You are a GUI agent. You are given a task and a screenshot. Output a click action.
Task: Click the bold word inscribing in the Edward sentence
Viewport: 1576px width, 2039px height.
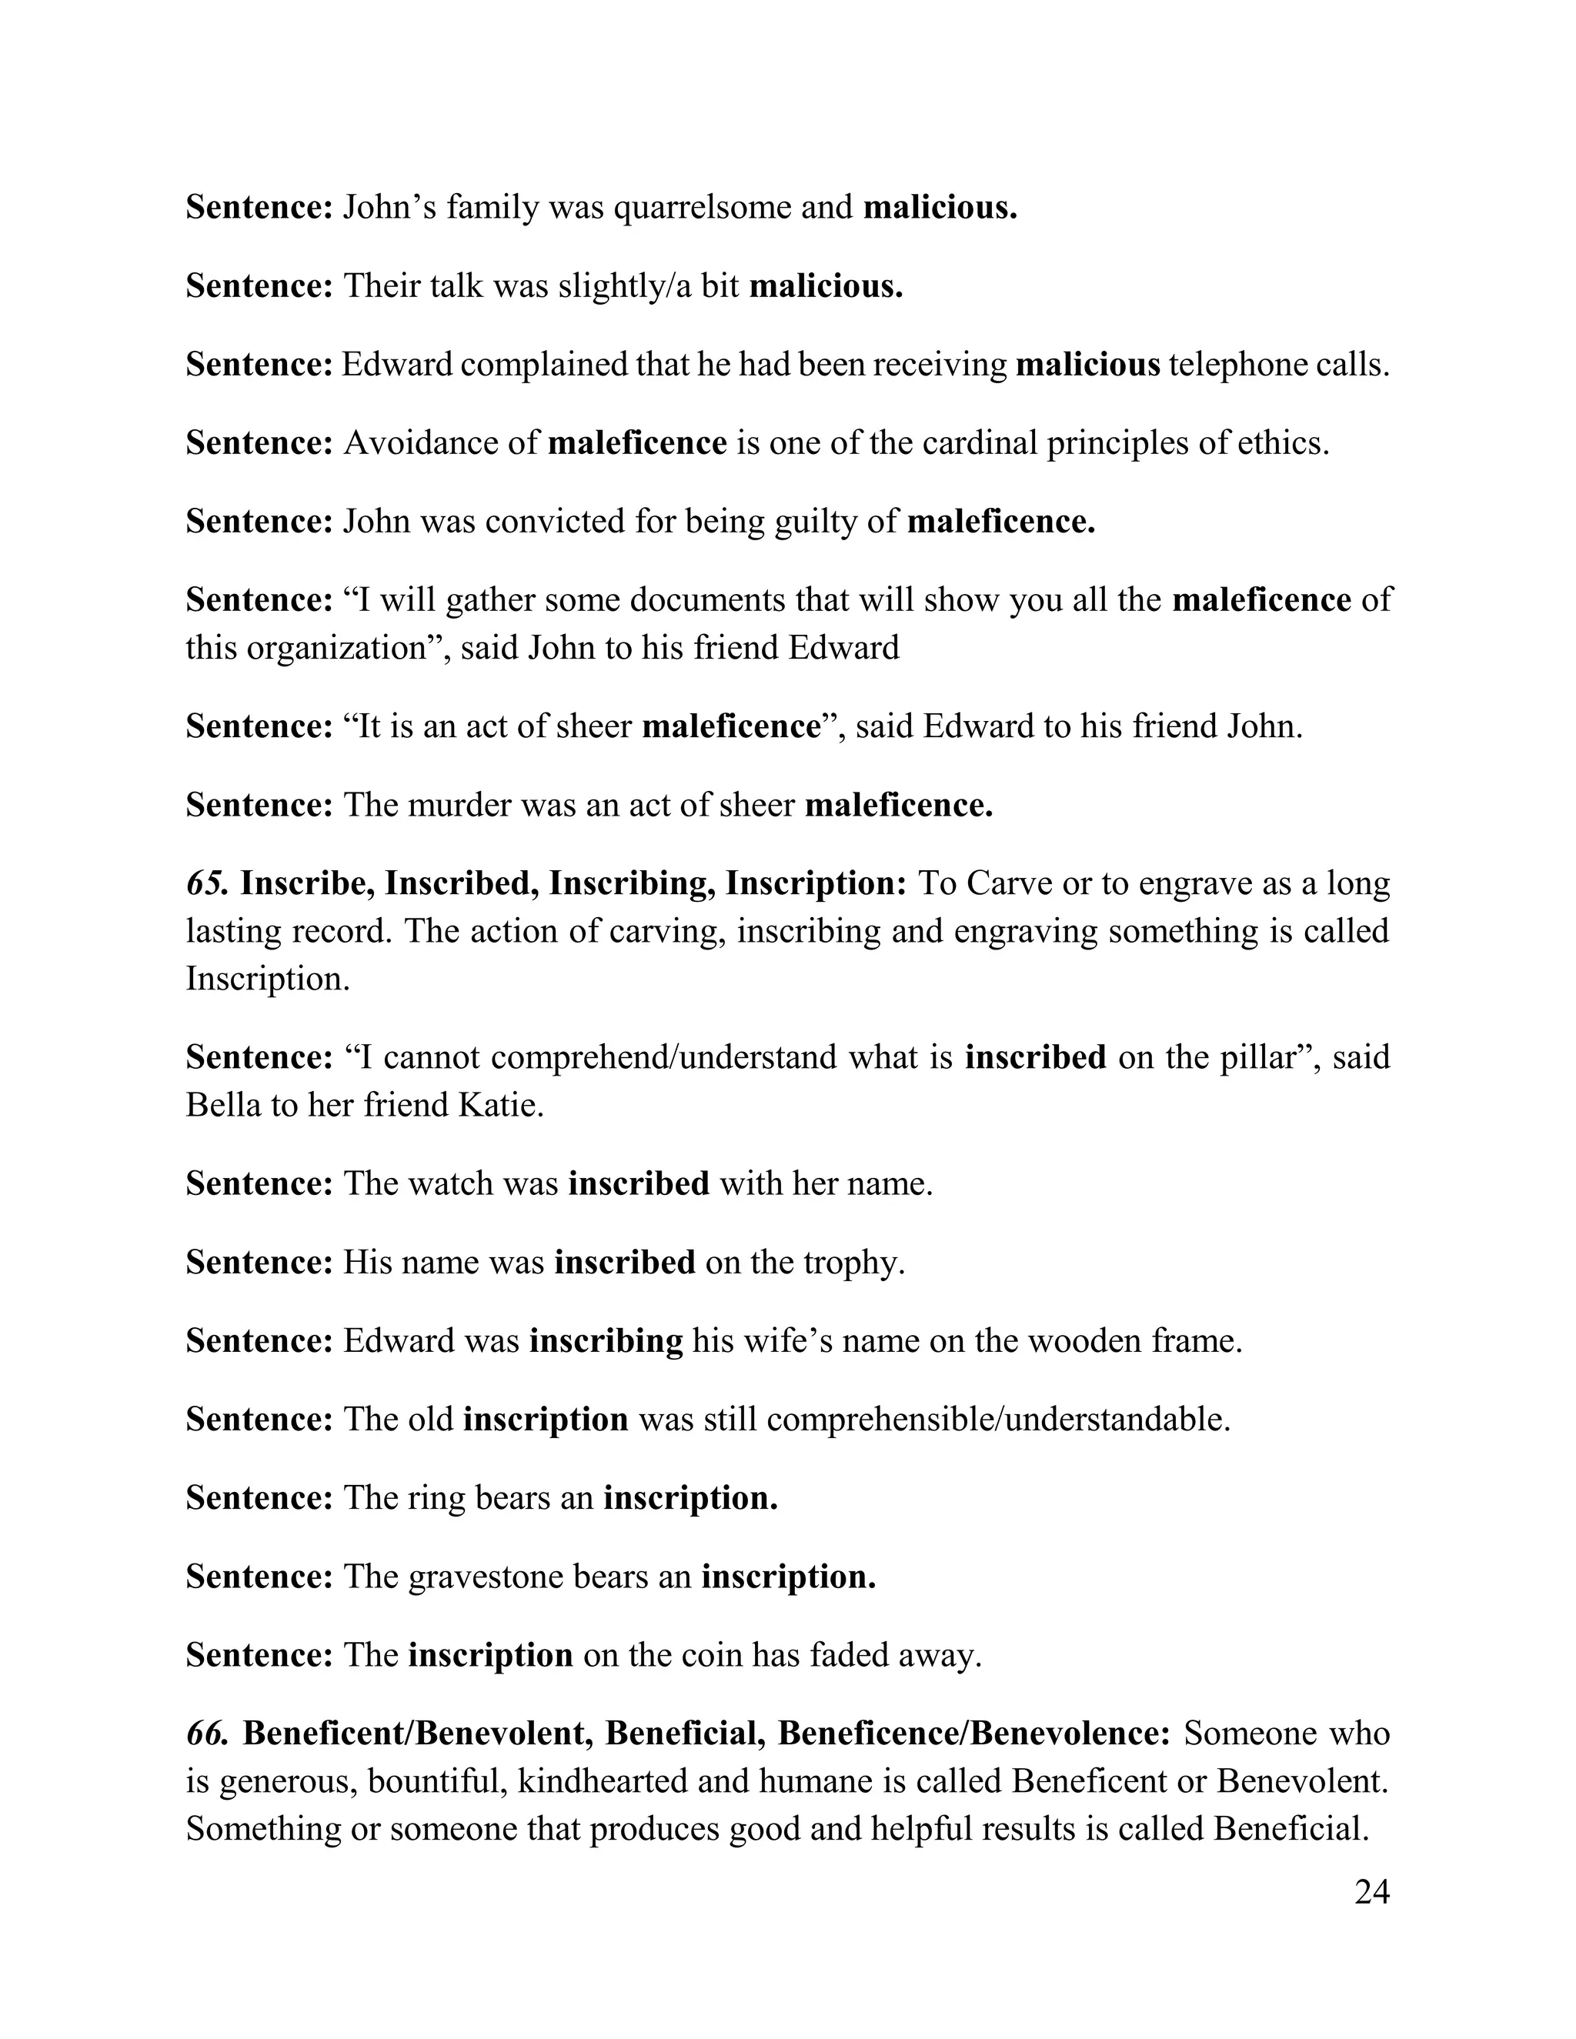[x=606, y=1340]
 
